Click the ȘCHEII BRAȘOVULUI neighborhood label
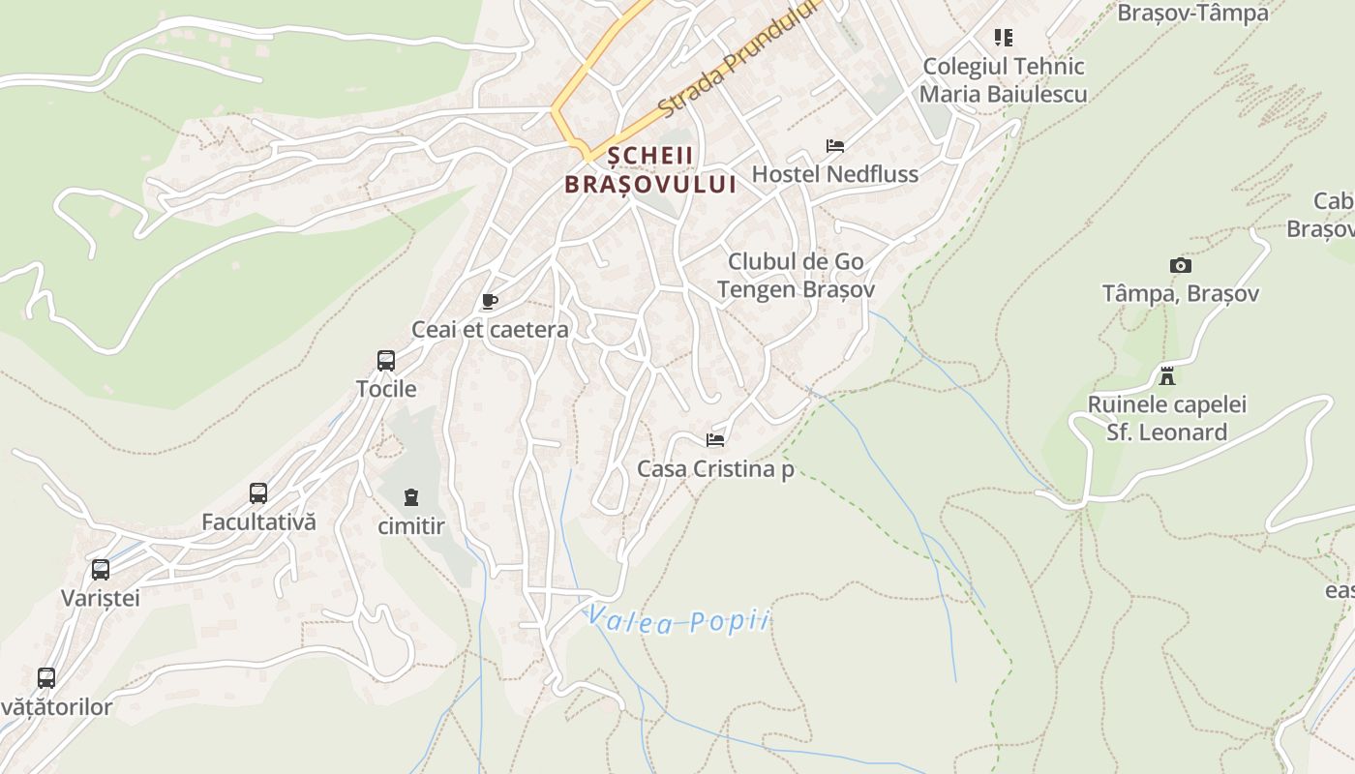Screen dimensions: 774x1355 click(x=650, y=170)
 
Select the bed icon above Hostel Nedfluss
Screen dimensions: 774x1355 click(x=835, y=146)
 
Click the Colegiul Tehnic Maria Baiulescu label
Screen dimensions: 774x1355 click(x=1004, y=80)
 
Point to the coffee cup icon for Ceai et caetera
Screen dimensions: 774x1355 click(x=490, y=301)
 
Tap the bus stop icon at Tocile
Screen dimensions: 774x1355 click(x=386, y=361)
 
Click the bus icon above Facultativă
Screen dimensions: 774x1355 click(x=258, y=493)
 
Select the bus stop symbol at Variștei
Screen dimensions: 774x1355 click(x=101, y=570)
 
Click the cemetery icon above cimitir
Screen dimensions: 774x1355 click(x=412, y=498)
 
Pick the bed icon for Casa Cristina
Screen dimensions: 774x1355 click(x=715, y=440)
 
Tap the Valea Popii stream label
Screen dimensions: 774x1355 click(x=677, y=620)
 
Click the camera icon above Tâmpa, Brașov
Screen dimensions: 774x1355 click(x=1181, y=265)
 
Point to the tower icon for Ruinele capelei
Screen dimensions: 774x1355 click(x=1167, y=375)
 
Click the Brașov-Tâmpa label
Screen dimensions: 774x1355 click(x=1192, y=13)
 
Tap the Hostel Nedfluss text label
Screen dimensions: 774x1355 click(x=835, y=174)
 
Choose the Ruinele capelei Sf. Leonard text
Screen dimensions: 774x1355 click(x=1167, y=418)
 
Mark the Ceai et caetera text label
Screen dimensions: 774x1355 click(x=490, y=330)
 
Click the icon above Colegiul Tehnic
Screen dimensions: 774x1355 click(x=1004, y=38)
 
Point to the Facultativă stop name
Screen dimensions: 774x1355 click(x=258, y=521)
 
